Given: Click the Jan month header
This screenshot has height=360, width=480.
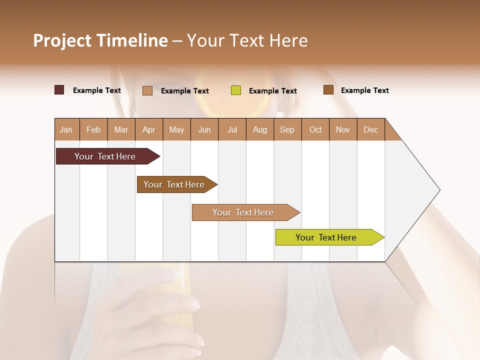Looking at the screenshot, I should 66,129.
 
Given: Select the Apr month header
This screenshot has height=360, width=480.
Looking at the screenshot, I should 148,129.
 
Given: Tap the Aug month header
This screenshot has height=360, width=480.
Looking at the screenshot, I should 259,129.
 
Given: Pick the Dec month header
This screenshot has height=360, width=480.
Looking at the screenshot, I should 370,129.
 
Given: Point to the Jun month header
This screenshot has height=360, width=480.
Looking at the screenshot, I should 204,129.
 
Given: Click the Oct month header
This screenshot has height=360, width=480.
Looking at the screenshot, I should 315,129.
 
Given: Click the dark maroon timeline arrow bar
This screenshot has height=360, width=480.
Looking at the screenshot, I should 105,156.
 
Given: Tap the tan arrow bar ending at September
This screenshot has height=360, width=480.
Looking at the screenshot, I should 243,212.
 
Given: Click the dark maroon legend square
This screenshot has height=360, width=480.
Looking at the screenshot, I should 59,90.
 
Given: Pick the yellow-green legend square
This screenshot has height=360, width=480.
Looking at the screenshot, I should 236,90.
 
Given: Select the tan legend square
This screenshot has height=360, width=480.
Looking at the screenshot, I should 147,90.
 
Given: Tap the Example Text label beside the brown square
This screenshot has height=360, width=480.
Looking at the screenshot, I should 364,90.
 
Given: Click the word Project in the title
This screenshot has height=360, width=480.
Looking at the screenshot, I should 62,40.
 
